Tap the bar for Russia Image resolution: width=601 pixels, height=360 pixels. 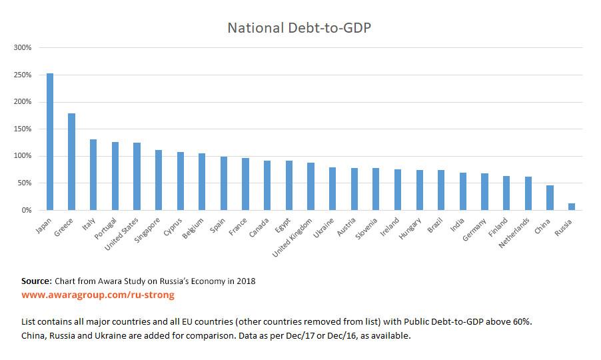(571, 206)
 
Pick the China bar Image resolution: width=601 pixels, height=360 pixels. (550, 197)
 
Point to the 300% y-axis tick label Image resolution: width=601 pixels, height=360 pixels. (23, 48)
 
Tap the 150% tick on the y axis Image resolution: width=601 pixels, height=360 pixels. (23, 129)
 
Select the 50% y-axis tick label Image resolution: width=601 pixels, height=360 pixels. (25, 183)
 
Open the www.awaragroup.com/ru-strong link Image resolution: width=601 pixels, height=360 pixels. (98, 294)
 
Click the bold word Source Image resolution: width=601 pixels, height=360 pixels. (36, 281)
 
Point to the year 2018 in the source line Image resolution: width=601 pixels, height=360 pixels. (246, 281)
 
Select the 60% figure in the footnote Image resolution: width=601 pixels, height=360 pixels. (521, 322)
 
